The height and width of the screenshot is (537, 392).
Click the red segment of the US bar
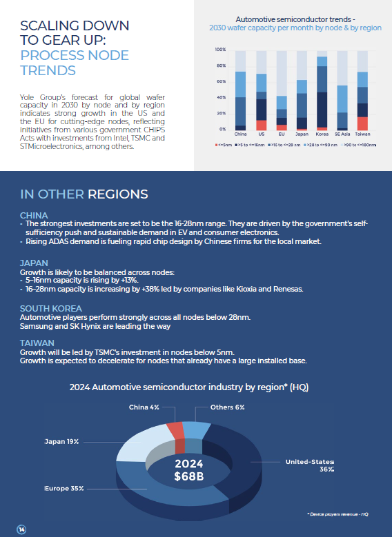point(262,125)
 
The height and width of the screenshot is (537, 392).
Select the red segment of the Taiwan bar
point(362,123)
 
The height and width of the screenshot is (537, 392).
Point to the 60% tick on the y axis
point(222,81)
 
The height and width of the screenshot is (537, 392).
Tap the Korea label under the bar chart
point(322,134)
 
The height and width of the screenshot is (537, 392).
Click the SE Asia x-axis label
point(342,134)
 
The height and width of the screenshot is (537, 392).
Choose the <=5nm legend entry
point(224,145)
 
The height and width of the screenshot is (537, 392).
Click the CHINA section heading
point(34,215)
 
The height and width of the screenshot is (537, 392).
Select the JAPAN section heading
point(34,263)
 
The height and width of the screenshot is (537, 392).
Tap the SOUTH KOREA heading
point(51,309)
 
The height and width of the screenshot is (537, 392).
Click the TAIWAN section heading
point(37,343)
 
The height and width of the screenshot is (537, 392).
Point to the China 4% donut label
point(144,407)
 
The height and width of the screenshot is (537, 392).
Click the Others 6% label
point(227,407)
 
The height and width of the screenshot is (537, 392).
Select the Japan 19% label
point(61,442)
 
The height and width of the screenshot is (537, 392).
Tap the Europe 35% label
point(64,488)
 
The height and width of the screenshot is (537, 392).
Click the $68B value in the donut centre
point(189,476)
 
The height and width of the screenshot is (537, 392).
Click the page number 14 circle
point(21,529)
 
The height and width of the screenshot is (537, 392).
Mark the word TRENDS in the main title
point(48,70)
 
